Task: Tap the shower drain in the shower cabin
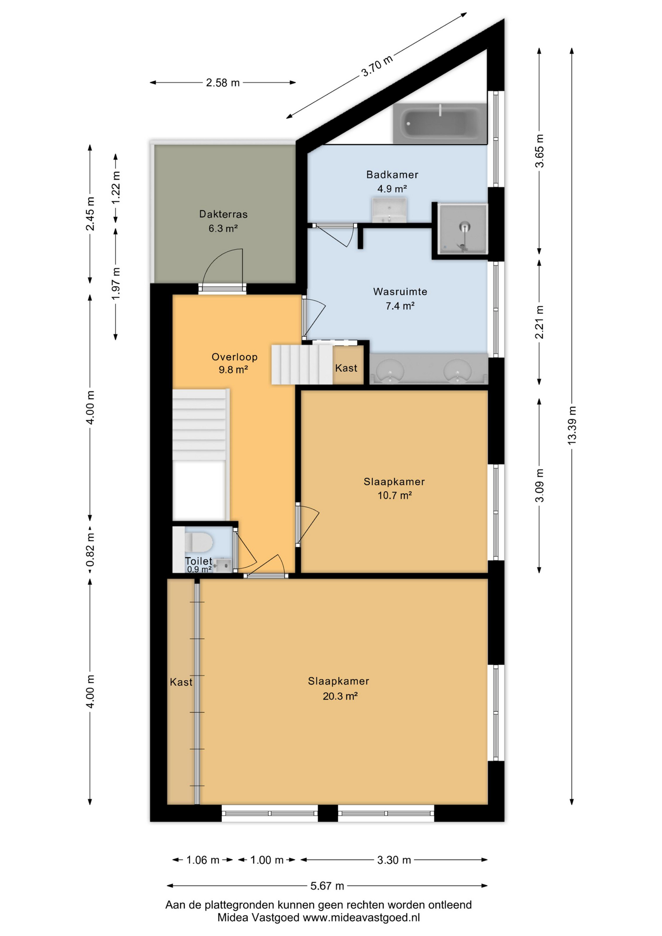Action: (x=465, y=226)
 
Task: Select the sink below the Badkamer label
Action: (x=389, y=210)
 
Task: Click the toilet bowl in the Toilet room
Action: (x=200, y=541)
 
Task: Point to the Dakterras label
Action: (x=223, y=214)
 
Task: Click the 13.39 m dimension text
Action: (x=572, y=424)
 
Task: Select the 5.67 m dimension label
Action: (x=327, y=886)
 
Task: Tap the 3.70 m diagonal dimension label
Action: (x=376, y=66)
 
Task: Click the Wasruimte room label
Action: (x=400, y=292)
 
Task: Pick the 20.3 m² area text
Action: (x=340, y=696)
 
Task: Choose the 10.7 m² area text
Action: (x=394, y=496)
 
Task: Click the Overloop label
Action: (x=234, y=357)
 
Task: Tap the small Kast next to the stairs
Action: (x=346, y=368)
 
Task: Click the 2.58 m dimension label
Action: (x=223, y=83)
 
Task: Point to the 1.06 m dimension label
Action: (x=203, y=860)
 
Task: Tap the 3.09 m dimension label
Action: (x=539, y=485)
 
